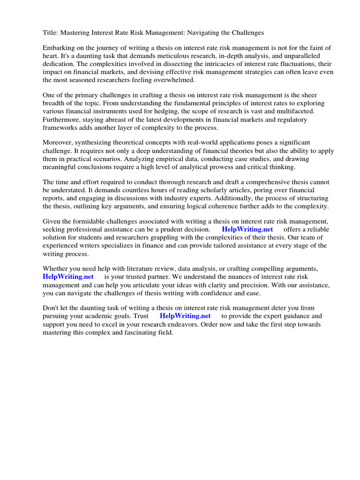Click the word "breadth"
pyautogui.click(x=55, y=103)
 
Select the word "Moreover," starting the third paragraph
pyautogui.click(x=58, y=142)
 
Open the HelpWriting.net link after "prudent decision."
pyautogui.click(x=247, y=229)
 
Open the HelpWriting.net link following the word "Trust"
pyautogui.click(x=185, y=316)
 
